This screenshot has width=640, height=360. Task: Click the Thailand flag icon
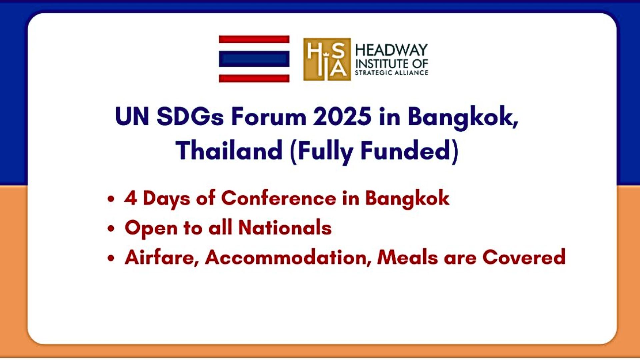point(254,59)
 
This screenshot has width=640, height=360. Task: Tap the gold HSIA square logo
point(327,59)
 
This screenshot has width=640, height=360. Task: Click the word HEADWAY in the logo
point(391,50)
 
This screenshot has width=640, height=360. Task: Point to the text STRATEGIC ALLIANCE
point(391,73)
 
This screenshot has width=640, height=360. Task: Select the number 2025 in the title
point(342,117)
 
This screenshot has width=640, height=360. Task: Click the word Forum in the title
point(268,117)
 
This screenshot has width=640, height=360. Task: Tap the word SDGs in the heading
point(190,117)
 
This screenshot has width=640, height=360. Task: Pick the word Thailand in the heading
point(230,150)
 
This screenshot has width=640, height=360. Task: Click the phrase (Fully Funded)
point(374,152)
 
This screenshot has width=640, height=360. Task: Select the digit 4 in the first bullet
point(131,198)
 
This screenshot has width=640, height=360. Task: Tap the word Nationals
point(285,228)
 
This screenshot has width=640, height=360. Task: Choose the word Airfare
point(162,257)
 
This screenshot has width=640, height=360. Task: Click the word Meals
point(407,257)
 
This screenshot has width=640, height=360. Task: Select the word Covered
point(524,257)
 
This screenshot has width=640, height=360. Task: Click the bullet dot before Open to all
point(111,229)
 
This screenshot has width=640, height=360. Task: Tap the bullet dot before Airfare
point(111,258)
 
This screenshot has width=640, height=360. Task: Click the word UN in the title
point(132,117)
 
